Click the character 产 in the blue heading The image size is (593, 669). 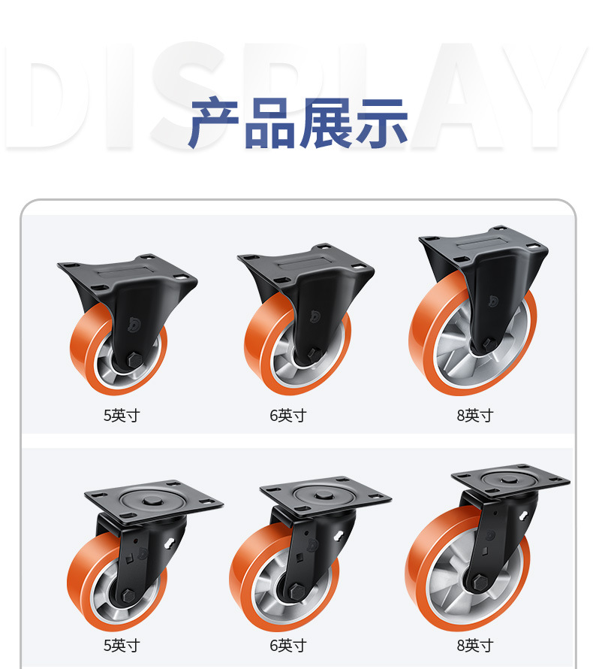pos(214,123)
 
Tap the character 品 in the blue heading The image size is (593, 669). pos(270,123)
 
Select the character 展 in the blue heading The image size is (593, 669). pos(326,123)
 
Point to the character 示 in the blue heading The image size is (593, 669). pos(382,123)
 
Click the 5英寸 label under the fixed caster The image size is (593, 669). pos(122,415)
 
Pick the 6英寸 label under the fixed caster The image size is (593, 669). pos(288,415)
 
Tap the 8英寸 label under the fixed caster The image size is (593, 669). pos(475,415)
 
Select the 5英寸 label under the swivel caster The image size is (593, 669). pos(122,645)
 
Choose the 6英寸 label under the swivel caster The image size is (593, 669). pos(288,645)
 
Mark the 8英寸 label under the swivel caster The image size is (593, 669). pos(475,645)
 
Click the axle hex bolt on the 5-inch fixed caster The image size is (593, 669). pos(134,359)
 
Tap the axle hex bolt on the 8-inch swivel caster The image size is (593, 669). pos(480,582)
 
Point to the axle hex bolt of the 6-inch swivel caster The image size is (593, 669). pos(296,591)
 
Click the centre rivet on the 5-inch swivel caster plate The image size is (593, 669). pos(149,501)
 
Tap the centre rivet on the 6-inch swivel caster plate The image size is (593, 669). pos(323,496)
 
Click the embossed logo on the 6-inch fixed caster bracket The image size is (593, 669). pos(315,316)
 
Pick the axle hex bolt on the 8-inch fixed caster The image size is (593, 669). pos(489,344)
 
